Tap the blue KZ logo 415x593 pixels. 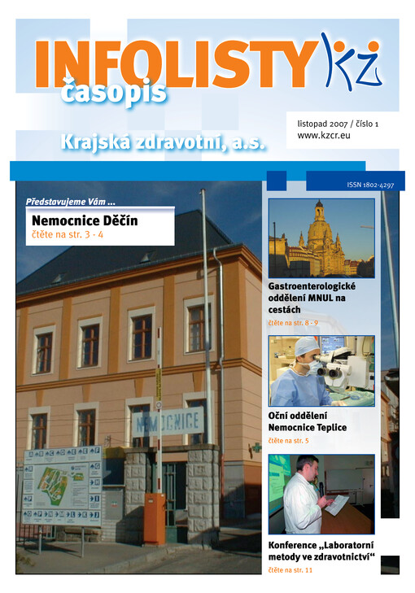tap(351, 61)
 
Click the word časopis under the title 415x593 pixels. tap(113, 91)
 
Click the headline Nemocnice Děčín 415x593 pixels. tap(85, 220)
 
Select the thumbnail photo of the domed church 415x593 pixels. tap(321, 238)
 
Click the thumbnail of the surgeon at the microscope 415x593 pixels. tap(321, 370)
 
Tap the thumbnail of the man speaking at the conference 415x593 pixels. tap(321, 494)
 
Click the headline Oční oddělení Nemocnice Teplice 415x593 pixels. tap(307, 422)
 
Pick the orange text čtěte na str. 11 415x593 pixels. tap(290, 570)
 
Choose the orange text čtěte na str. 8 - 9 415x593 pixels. tap(293, 323)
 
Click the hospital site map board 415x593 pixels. tap(63, 486)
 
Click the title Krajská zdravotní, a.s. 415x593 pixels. tap(164, 142)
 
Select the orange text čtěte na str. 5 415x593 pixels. tap(288, 441)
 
